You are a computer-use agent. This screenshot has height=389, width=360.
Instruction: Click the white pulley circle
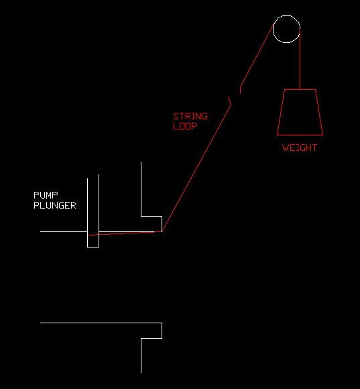[x=287, y=15]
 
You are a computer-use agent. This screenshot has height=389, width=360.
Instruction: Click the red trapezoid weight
[x=300, y=135]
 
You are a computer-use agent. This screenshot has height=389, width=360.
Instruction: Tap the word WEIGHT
[x=300, y=148]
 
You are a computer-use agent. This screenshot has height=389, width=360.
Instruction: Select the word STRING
[x=190, y=116]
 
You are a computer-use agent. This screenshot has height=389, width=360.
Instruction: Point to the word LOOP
[x=185, y=126]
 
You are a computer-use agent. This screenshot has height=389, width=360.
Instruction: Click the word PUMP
[x=46, y=195]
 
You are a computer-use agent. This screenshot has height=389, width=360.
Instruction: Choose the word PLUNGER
[x=55, y=205]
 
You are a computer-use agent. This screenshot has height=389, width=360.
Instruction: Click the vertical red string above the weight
[x=300, y=59]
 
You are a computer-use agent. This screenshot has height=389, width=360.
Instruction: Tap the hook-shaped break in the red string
[x=229, y=101]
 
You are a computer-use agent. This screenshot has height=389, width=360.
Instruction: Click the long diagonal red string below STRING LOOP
[x=196, y=168]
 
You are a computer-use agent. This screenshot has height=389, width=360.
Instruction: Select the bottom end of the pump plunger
[x=93, y=247]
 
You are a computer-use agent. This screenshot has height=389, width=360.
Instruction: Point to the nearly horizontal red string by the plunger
[x=125, y=233]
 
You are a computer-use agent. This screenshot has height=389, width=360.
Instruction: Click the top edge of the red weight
[x=300, y=89]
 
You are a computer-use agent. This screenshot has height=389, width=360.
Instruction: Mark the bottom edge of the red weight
[x=300, y=135]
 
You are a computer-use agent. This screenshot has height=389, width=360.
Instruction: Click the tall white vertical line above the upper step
[x=141, y=189]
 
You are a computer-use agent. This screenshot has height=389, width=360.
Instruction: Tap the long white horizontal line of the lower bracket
[x=101, y=323]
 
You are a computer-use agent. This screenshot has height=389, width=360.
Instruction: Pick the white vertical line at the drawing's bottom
[x=141, y=355]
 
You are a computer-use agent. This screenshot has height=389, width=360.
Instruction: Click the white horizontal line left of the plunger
[x=64, y=231]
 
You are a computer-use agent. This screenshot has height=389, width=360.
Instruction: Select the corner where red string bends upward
[x=162, y=231]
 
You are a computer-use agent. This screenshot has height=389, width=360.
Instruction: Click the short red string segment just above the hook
[x=240, y=91]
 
